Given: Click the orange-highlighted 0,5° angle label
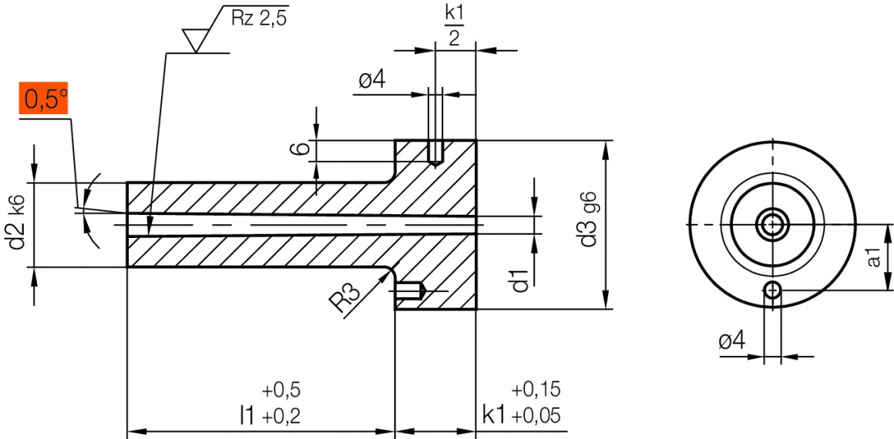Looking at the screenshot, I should pyautogui.click(x=45, y=100).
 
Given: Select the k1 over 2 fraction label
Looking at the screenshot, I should pyautogui.click(x=454, y=25).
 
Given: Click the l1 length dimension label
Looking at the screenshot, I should pyautogui.click(x=247, y=417).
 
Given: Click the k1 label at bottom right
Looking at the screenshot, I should pyautogui.click(x=494, y=417).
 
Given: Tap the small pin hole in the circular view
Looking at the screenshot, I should pyautogui.click(x=772, y=290).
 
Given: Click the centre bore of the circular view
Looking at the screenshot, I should pyautogui.click(x=772, y=225).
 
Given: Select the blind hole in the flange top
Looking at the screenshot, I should pyautogui.click(x=435, y=151).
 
